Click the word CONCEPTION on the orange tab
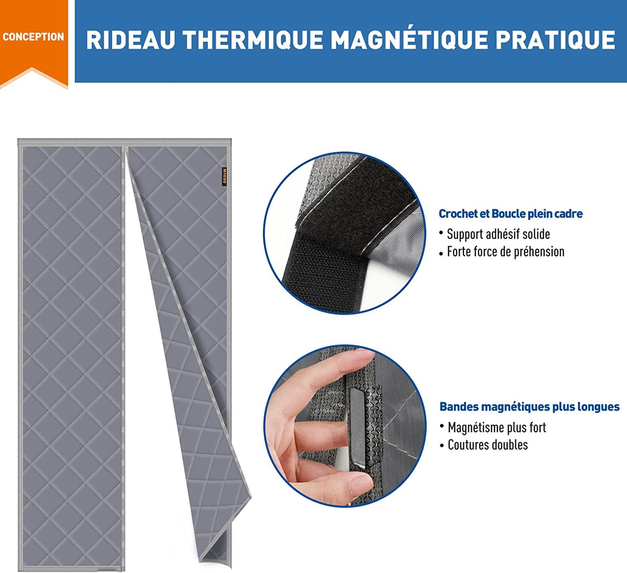(33, 37)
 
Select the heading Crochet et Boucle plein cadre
(510, 214)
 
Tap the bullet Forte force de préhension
(505, 252)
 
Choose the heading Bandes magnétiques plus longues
(529, 407)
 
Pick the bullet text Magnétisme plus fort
(497, 428)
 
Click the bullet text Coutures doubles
(487, 445)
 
